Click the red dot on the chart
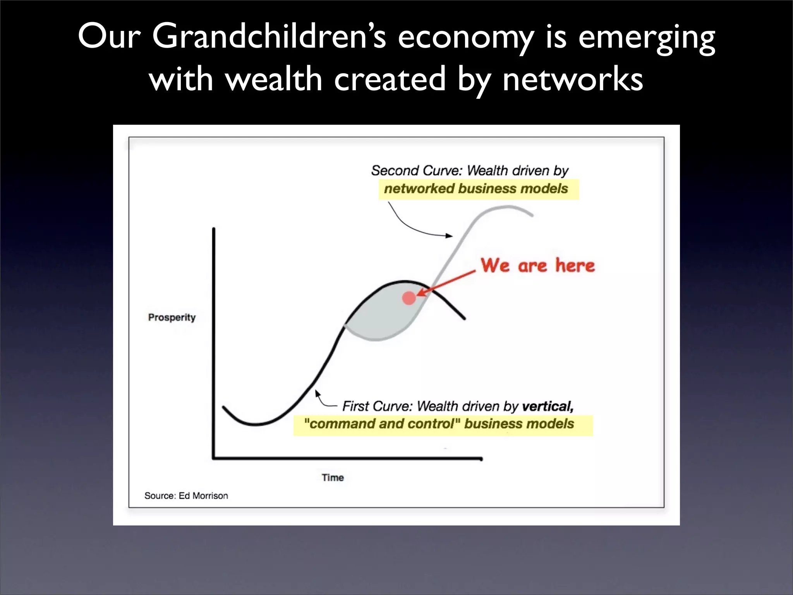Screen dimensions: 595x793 [409, 298]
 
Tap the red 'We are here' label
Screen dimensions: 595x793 [537, 266]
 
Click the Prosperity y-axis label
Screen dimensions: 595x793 [172, 317]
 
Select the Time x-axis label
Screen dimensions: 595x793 [333, 478]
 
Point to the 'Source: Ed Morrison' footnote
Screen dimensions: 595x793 [186, 496]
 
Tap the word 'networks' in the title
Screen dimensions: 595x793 [572, 80]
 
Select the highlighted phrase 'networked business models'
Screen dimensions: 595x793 [476, 189]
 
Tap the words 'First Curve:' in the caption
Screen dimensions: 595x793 [378, 406]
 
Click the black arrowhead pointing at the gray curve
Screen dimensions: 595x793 [449, 236]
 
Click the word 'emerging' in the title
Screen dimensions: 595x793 [646, 37]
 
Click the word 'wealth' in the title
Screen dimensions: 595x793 [273, 80]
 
